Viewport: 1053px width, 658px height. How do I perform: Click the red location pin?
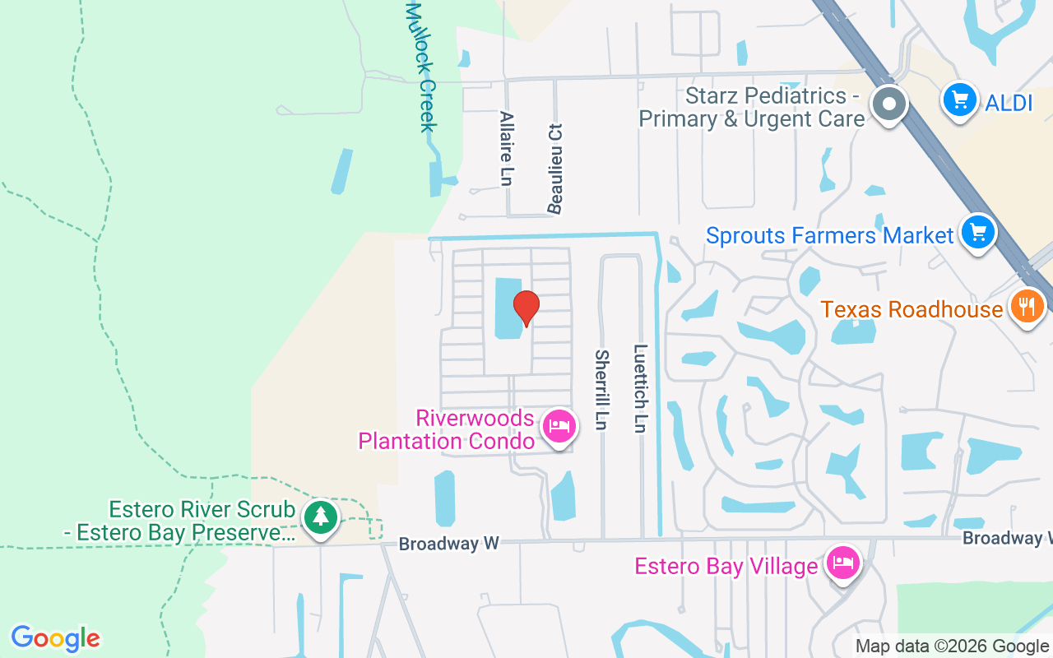tap(526, 307)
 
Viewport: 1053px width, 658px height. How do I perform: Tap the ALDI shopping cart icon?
tap(959, 101)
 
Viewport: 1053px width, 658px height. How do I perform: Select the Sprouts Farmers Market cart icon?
tap(977, 233)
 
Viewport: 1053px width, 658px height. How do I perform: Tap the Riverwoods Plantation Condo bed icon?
tap(559, 426)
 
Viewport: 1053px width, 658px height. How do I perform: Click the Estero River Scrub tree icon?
tap(320, 517)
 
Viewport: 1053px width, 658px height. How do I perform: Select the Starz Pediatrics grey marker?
tap(889, 104)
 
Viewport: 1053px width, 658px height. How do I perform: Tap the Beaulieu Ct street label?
tap(556, 169)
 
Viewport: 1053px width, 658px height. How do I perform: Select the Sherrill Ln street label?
tap(602, 389)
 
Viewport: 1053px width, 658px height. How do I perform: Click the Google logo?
tap(55, 638)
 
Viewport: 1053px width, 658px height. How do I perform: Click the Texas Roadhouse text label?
tap(912, 309)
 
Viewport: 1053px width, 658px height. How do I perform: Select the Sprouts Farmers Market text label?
tap(829, 236)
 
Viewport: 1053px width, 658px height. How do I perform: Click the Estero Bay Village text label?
tap(726, 566)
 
